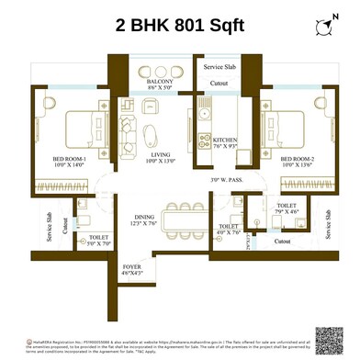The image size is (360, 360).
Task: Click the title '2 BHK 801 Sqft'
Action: [x=180, y=28]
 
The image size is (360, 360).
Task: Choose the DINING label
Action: [x=145, y=217]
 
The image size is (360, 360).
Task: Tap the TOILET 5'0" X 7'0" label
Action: [x=99, y=241]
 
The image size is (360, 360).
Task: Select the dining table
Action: [x=186, y=219]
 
